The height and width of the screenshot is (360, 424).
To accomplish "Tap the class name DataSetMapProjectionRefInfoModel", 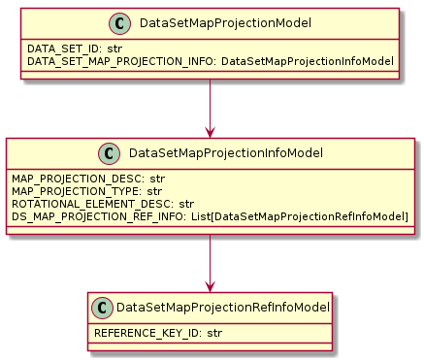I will (x=223, y=308).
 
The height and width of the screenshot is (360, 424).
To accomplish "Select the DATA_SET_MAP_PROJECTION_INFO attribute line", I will (x=211, y=60).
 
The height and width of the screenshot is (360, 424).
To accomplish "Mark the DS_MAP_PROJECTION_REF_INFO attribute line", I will (x=210, y=215).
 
